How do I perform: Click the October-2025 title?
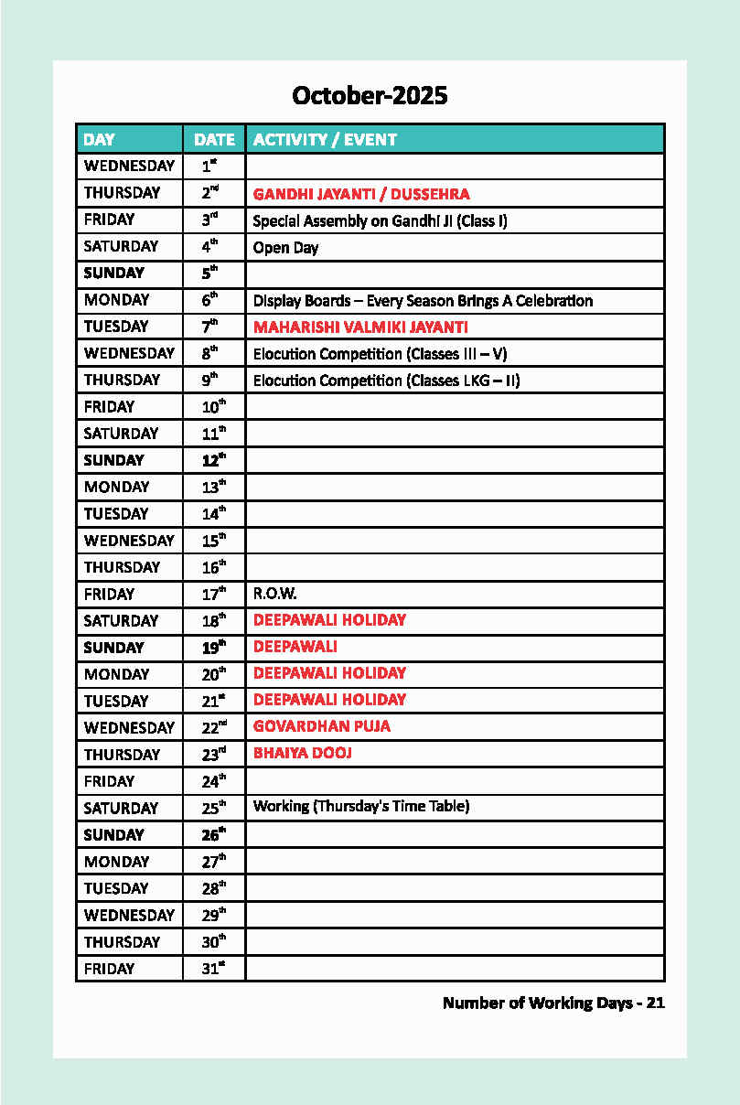[x=370, y=95]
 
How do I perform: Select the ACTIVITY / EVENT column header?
[x=325, y=140]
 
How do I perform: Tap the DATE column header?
[x=214, y=140]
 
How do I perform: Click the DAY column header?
[x=100, y=140]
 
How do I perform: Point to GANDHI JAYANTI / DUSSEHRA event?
[x=360, y=194]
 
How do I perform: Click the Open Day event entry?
[x=285, y=248]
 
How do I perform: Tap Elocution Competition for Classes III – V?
[x=380, y=354]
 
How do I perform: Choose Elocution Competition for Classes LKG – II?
[x=386, y=381]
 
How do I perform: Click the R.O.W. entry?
[x=274, y=594]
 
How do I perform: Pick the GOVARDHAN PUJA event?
[x=321, y=726]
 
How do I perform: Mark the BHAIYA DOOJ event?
[x=302, y=753]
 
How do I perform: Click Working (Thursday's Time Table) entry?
[x=361, y=807]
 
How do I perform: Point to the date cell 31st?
[x=213, y=969]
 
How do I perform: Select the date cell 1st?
[x=210, y=166]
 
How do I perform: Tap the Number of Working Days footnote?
[x=553, y=1003]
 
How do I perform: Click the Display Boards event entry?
[x=423, y=301]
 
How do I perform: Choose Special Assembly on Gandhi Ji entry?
[x=380, y=220]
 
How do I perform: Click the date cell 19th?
[x=213, y=648]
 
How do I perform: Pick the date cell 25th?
[x=213, y=808]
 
